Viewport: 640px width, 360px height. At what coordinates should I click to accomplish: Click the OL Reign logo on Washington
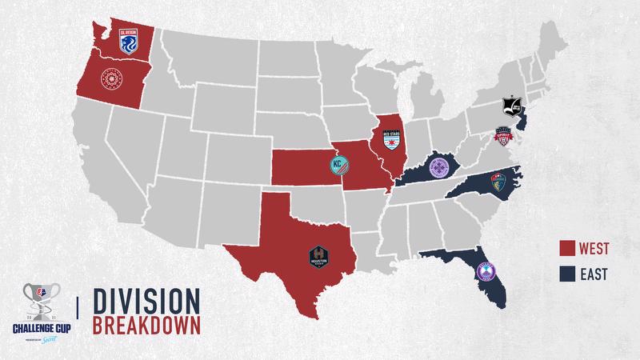pos(128,41)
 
